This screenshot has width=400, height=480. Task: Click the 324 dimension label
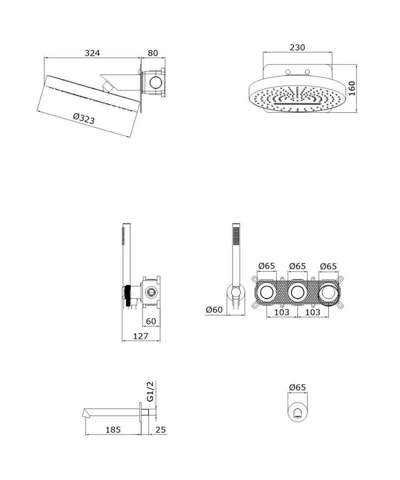(92, 53)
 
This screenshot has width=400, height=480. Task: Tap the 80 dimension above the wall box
(153, 53)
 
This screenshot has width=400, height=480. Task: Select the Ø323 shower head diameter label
(84, 119)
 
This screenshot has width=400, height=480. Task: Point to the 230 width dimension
(297, 47)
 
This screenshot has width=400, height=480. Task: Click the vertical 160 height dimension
(352, 88)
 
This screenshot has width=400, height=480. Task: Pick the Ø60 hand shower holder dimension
(214, 310)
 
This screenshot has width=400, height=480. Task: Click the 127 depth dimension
(141, 336)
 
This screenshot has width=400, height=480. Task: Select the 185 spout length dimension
(113, 430)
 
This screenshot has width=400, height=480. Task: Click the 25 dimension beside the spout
(160, 430)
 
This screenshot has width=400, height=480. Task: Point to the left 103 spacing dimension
(282, 312)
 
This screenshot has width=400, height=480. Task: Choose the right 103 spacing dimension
(313, 312)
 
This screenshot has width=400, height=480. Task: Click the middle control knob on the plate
(298, 292)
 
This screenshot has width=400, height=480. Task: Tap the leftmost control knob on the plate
(267, 292)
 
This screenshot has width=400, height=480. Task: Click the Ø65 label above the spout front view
(298, 387)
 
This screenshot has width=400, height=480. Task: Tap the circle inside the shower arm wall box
(156, 83)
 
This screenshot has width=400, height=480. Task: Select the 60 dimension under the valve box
(151, 321)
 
